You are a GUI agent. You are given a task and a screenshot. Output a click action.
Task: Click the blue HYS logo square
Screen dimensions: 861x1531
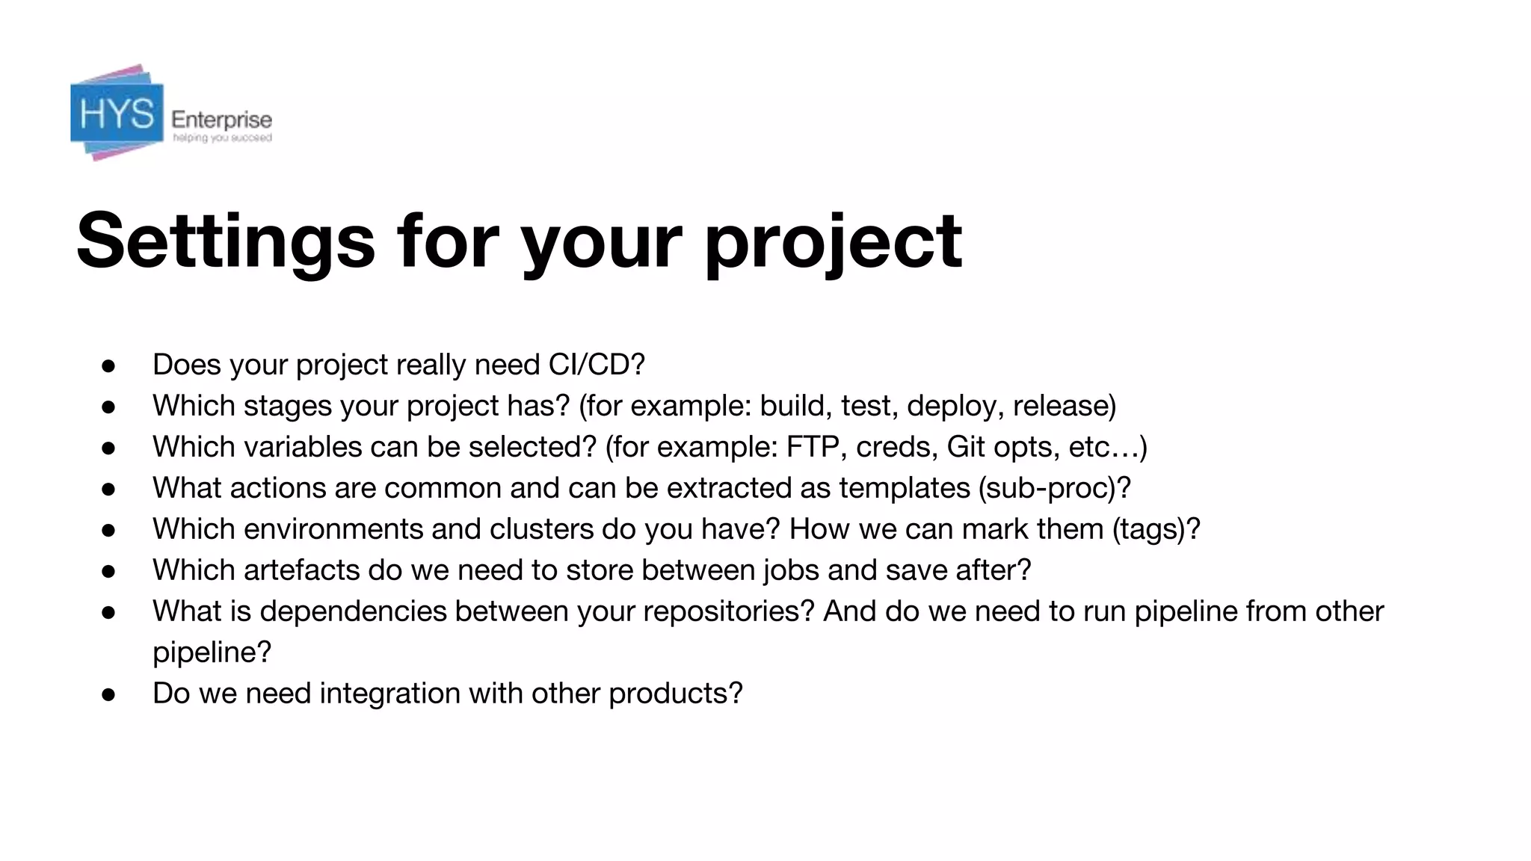pos(117,114)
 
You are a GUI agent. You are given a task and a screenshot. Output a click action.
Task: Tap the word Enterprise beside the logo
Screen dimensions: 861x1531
pos(221,120)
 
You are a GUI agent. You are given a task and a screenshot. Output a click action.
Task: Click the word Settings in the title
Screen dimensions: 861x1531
pos(225,241)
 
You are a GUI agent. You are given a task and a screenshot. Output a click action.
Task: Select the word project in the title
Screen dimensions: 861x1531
pos(834,241)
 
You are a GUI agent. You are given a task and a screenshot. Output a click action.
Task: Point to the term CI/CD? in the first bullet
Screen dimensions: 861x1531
pos(596,365)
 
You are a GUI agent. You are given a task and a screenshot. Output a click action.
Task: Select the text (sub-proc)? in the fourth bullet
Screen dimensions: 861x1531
pos(1054,488)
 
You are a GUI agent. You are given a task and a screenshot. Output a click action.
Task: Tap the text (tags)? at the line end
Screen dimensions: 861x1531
pos(1156,529)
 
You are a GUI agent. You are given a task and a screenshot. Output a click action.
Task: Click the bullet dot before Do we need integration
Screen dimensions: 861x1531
pos(108,694)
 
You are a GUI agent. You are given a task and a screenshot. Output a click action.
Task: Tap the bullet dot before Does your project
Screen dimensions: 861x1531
pos(108,365)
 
